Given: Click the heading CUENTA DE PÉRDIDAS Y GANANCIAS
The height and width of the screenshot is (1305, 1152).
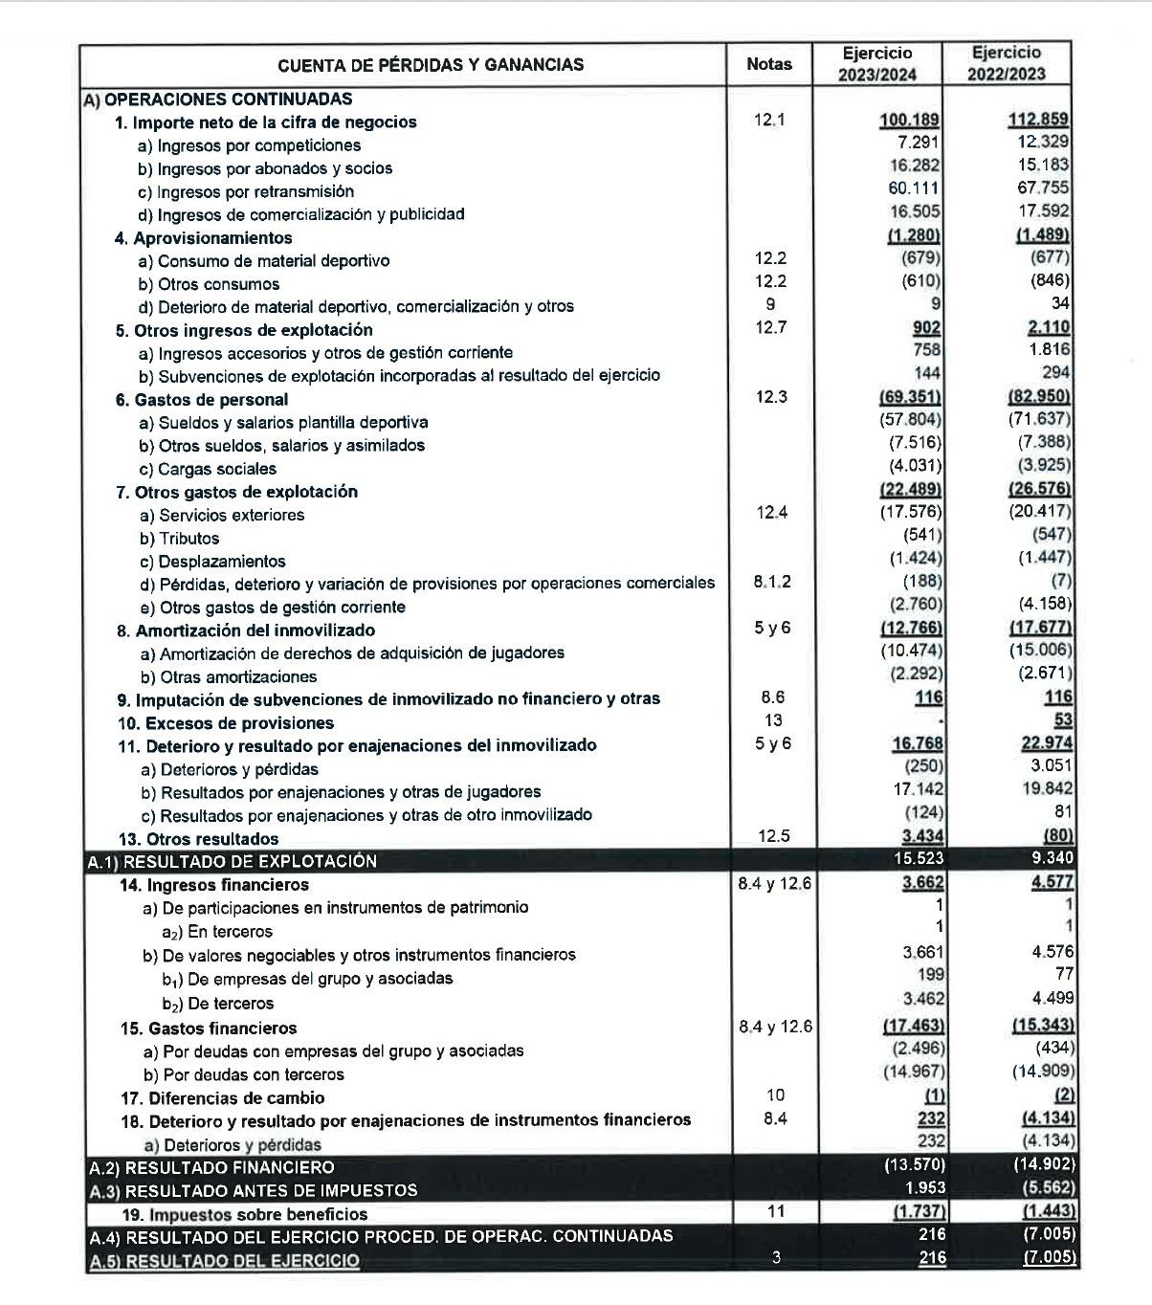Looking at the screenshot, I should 430,65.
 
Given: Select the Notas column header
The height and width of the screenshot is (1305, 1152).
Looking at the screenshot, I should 768,64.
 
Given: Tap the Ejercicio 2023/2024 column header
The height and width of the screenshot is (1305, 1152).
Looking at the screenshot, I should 877,64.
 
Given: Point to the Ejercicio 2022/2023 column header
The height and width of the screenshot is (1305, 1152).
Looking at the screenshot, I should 1006,64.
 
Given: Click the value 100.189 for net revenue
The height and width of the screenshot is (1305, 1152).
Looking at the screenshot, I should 909,121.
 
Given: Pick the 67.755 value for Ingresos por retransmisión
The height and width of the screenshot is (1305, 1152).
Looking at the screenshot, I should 1043,188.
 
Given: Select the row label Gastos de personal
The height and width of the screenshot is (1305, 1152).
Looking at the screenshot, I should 210,400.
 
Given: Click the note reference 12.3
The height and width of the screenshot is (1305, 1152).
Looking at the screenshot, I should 770,397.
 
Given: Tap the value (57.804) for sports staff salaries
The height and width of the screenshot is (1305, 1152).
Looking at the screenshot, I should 909,420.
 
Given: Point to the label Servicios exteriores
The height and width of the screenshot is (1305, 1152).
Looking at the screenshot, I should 232,516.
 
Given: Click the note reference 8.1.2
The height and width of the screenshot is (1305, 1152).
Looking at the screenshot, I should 772,582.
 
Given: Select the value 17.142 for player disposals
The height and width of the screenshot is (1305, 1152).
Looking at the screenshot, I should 918,790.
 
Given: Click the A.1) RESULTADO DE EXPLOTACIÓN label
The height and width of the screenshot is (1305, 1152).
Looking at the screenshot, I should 232,861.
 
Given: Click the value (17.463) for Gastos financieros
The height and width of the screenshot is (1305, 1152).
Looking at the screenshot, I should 913,1027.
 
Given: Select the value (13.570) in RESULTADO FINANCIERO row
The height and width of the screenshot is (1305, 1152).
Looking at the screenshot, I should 914,1165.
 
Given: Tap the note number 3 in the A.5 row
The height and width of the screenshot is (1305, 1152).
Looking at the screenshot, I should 775,1258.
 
